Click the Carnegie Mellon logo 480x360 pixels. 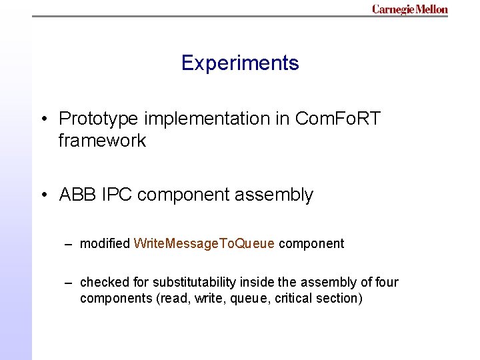[409, 9]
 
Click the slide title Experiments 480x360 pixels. [240, 63]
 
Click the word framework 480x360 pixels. [102, 141]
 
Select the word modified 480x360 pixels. [105, 243]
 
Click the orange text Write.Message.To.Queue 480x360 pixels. [204, 243]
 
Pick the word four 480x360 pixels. [387, 282]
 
